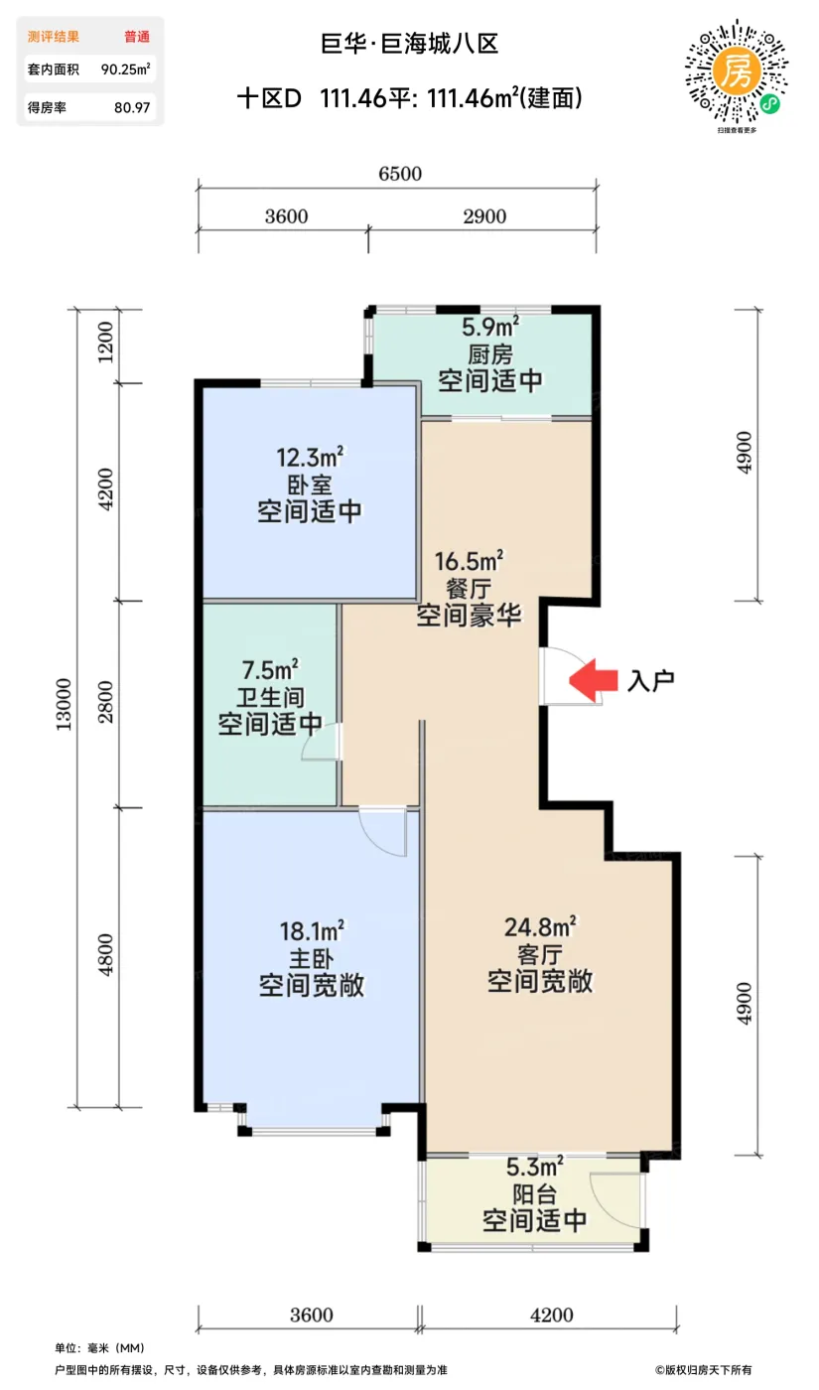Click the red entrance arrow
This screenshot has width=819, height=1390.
(593, 680)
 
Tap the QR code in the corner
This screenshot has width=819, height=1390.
(737, 73)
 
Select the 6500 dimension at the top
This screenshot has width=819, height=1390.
(400, 174)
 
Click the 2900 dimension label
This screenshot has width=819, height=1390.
(484, 216)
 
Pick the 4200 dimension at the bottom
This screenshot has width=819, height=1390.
(552, 1315)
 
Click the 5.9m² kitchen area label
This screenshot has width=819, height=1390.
(490, 327)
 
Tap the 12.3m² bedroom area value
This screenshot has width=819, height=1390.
(310, 458)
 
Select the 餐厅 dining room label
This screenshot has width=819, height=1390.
(469, 588)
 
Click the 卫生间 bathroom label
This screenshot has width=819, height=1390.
(270, 697)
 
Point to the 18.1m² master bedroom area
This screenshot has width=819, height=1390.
(312, 931)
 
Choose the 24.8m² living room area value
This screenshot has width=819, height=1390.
(540, 927)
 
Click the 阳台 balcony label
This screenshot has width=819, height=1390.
(535, 1193)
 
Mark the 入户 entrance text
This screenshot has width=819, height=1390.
(651, 681)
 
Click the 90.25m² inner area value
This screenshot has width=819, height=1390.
(126, 69)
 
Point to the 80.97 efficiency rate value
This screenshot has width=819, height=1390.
(132, 108)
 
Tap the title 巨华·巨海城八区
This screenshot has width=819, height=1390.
(409, 44)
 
